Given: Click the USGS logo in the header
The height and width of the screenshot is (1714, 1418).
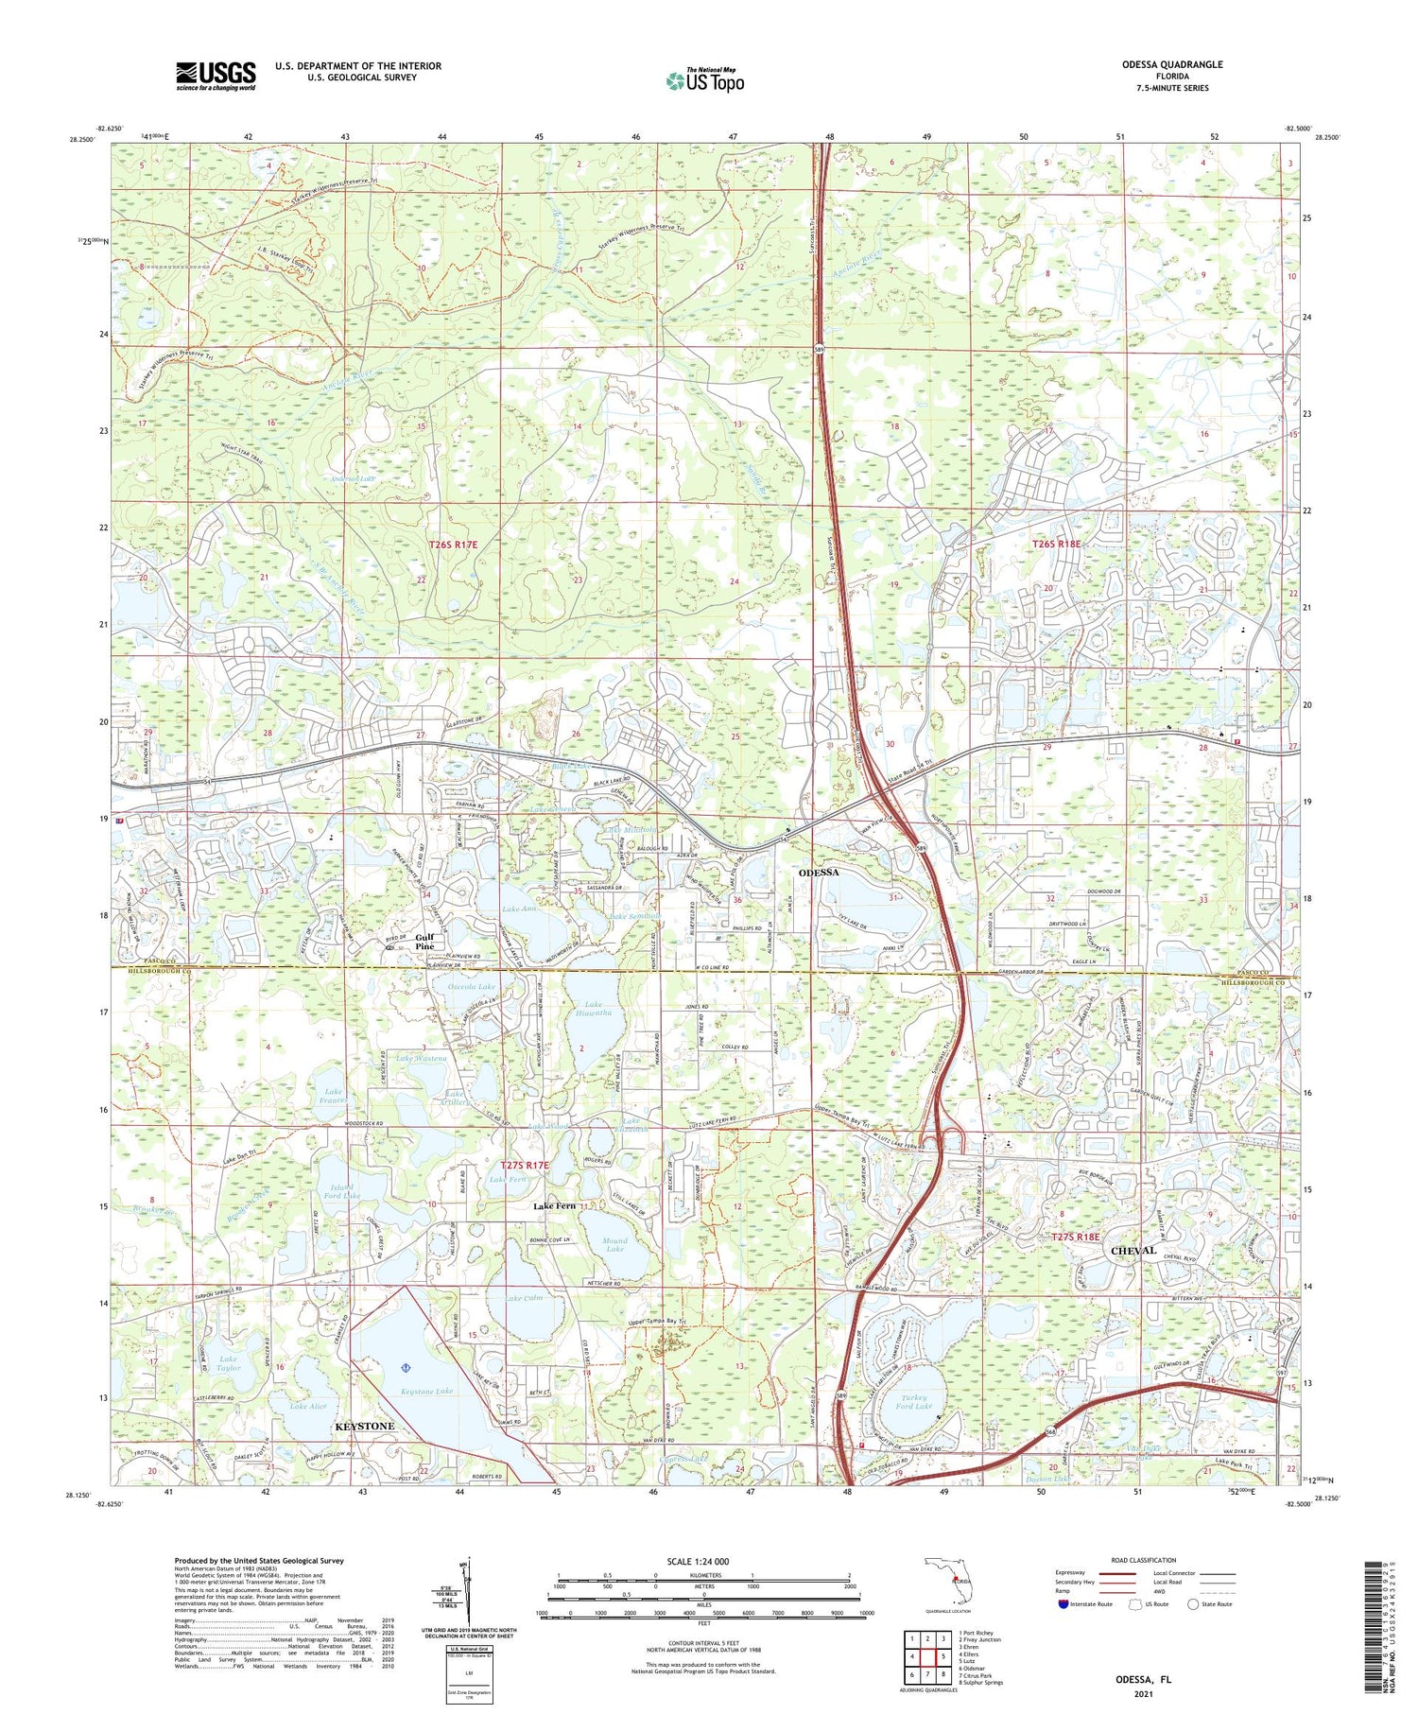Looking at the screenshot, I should click(x=216, y=76).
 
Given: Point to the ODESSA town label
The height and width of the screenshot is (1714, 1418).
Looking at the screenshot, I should click(x=819, y=872).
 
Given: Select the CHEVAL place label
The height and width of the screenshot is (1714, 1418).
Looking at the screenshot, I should click(x=1133, y=1250).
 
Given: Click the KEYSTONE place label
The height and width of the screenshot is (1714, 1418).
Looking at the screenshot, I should click(x=365, y=1425).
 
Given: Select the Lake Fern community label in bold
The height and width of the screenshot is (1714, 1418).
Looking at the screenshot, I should click(x=554, y=1205).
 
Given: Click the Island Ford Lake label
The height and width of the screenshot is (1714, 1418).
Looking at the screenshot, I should click(x=340, y=1191).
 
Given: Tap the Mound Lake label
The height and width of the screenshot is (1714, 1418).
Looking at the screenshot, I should click(x=614, y=1244).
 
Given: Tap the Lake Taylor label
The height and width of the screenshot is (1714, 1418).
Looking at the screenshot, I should click(x=228, y=1364).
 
